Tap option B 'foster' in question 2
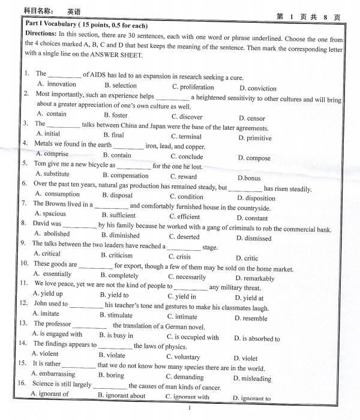pyautogui.click(x=115, y=115)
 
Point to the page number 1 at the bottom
pyautogui.click(x=189, y=408)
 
